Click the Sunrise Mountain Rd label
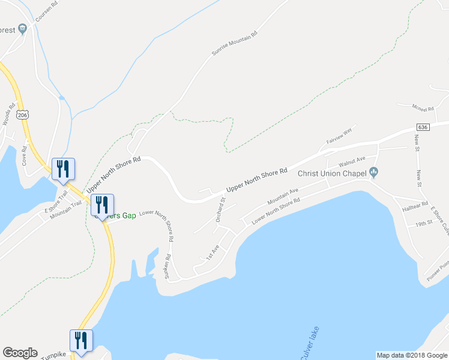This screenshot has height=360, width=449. pyautogui.click(x=234, y=43)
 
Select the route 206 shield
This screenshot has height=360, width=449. pyautogui.click(x=23, y=115)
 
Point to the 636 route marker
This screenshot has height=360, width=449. pyautogui.click(x=423, y=127)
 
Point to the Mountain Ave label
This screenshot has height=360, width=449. pyautogui.click(x=283, y=195)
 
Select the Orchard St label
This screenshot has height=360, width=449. pyautogui.click(x=220, y=209)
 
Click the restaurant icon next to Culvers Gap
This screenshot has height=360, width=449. pyautogui.click(x=101, y=205)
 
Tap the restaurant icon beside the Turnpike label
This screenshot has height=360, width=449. pyautogui.click(x=80, y=340)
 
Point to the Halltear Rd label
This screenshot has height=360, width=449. pyautogui.click(x=415, y=204)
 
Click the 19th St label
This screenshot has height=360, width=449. pyautogui.click(x=424, y=223)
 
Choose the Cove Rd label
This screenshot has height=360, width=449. pyautogui.click(x=25, y=155)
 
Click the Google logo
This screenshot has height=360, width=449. pyautogui.click(x=20, y=353)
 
